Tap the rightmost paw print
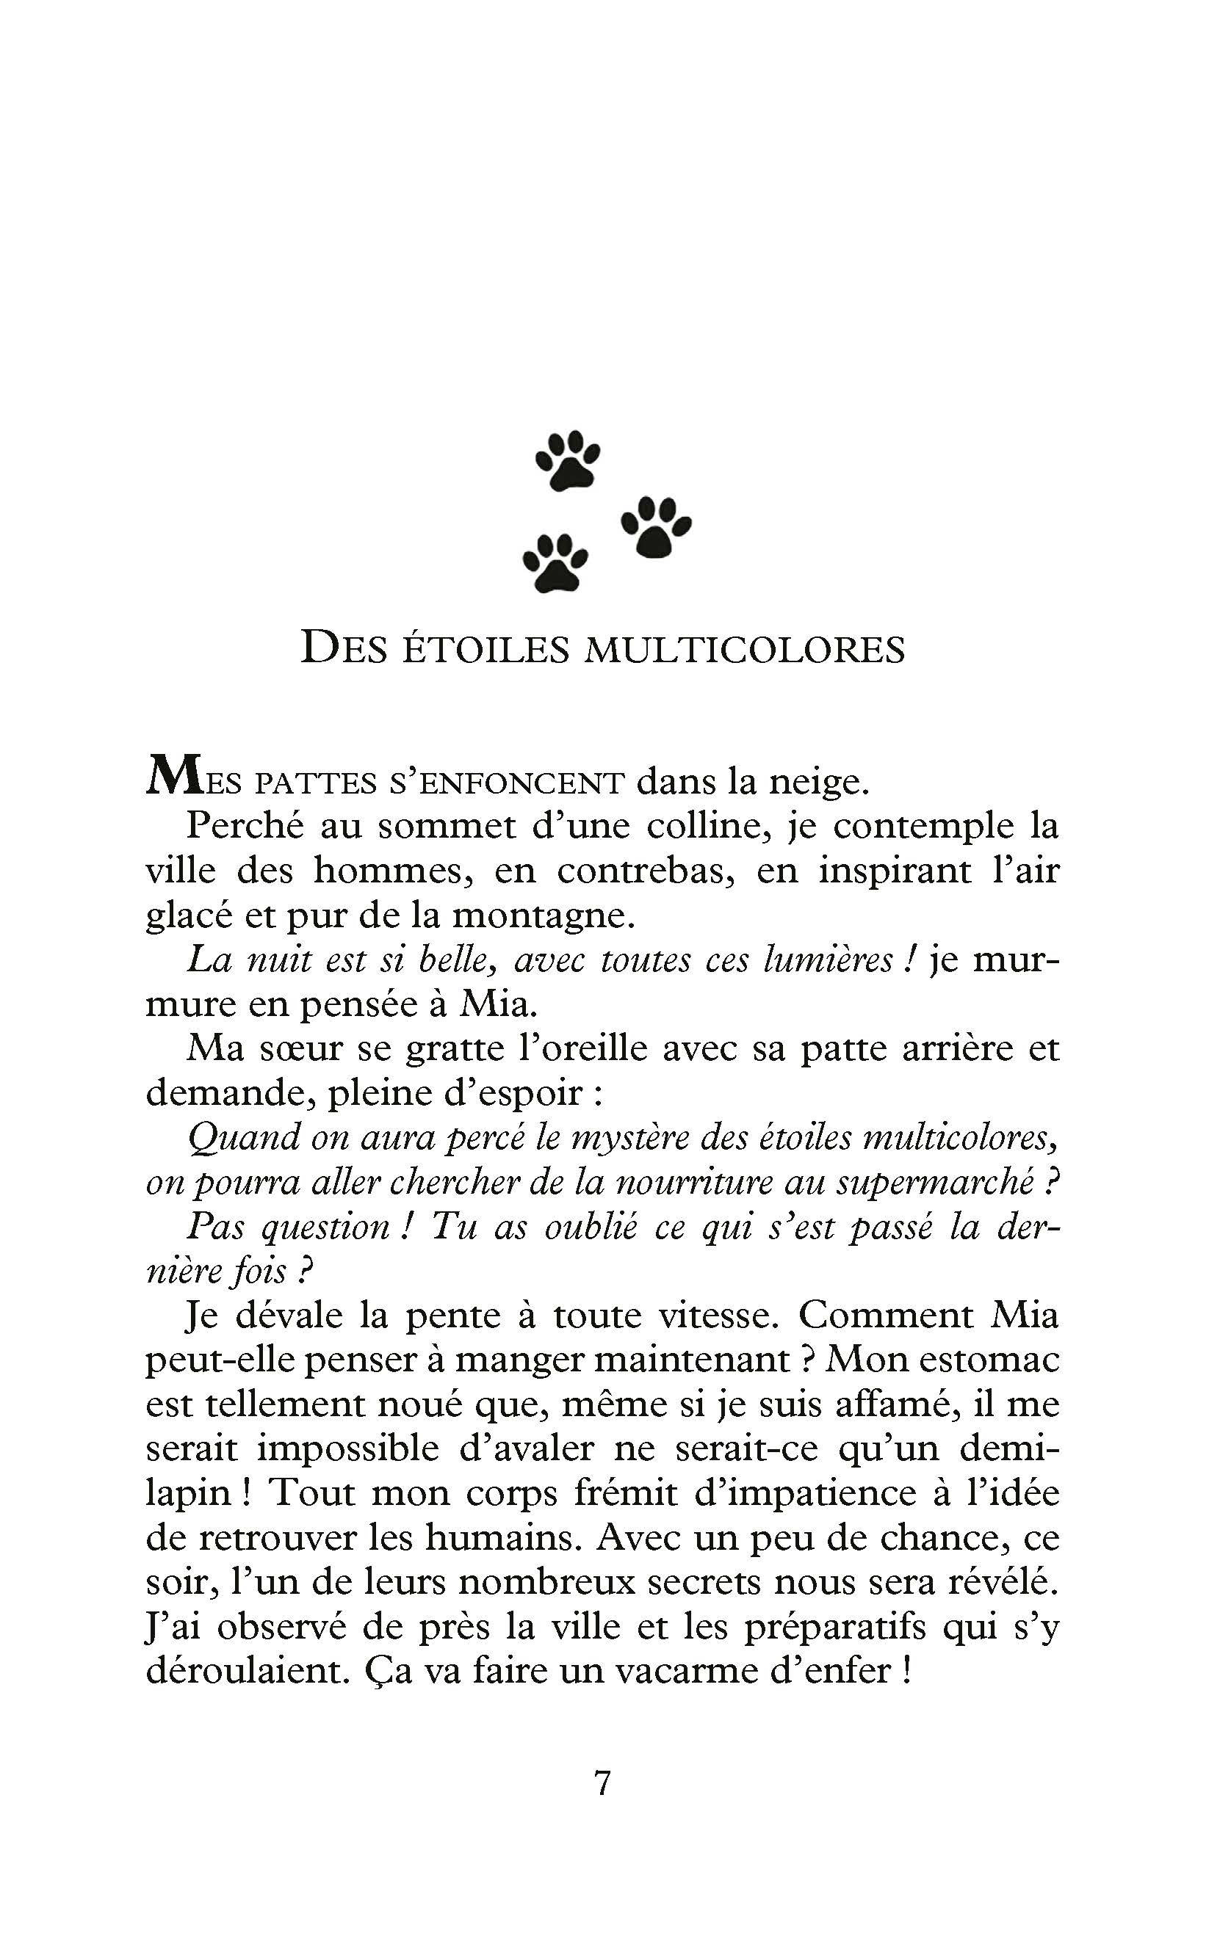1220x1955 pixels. (656, 529)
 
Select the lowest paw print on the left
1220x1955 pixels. (555, 563)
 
